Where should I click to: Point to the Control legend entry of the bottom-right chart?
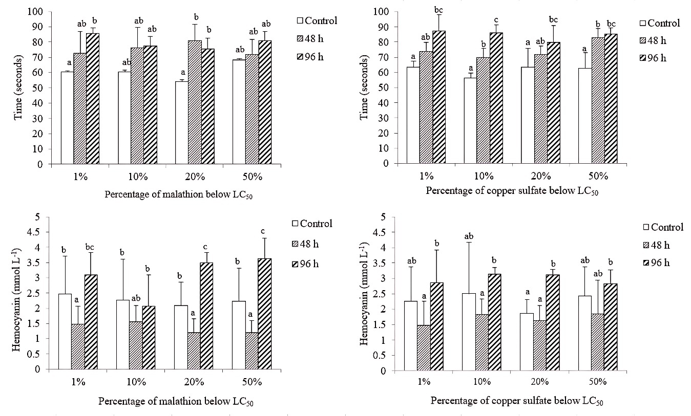(x=663, y=228)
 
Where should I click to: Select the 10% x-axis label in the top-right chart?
(x=484, y=177)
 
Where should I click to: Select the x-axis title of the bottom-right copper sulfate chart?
(x=517, y=401)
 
